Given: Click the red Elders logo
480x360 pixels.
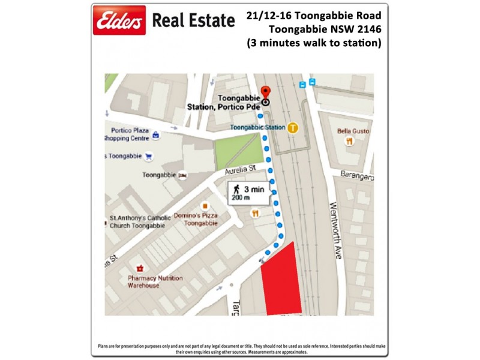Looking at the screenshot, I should click(x=119, y=20).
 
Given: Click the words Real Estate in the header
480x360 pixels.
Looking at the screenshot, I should click(x=193, y=21).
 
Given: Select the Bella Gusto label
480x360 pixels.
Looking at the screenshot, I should click(x=353, y=131).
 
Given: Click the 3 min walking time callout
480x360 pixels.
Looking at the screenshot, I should click(x=245, y=193).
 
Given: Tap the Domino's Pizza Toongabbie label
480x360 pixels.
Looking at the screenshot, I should click(x=196, y=219).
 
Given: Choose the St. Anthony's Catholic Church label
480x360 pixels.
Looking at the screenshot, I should click(x=140, y=221).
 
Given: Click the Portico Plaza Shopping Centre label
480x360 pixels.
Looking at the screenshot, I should click(x=130, y=134).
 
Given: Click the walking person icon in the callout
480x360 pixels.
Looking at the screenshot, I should click(x=236, y=189).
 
